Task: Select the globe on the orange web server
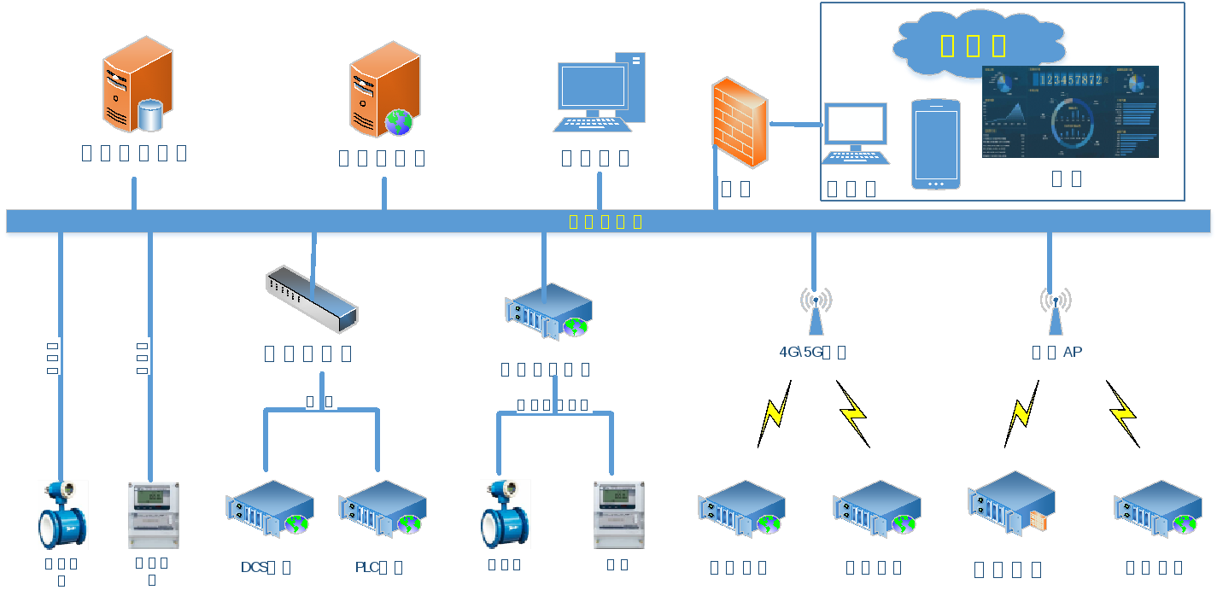click(x=399, y=122)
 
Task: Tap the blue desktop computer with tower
click(x=600, y=92)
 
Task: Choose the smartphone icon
click(x=935, y=143)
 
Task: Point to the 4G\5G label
click(x=812, y=352)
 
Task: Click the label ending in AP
click(x=1057, y=352)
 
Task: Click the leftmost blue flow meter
click(x=63, y=514)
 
